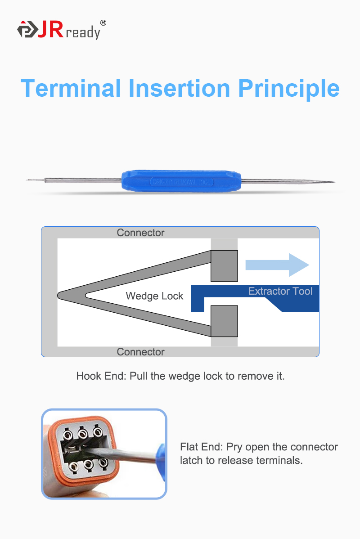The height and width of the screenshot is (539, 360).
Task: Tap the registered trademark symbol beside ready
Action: pos(103,22)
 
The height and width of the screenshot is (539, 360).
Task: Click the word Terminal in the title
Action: pos(71,88)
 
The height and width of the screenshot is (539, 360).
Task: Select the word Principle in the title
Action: pos(288,88)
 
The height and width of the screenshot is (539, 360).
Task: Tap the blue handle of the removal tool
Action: pos(182,181)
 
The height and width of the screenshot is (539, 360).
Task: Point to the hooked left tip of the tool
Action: pos(28,180)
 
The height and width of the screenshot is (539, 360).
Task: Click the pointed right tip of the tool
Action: pos(332,182)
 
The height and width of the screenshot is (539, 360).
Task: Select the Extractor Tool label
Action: pos(280,291)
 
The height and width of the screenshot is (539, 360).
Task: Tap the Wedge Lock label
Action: pos(154,296)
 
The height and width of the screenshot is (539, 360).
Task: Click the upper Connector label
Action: pos(140,233)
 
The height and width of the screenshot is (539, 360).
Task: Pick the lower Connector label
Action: pos(140,352)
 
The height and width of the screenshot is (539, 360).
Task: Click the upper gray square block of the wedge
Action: pos(224,265)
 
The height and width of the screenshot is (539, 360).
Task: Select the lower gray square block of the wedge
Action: pos(224,321)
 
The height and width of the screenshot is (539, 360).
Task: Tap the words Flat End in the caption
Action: pos(201,447)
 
